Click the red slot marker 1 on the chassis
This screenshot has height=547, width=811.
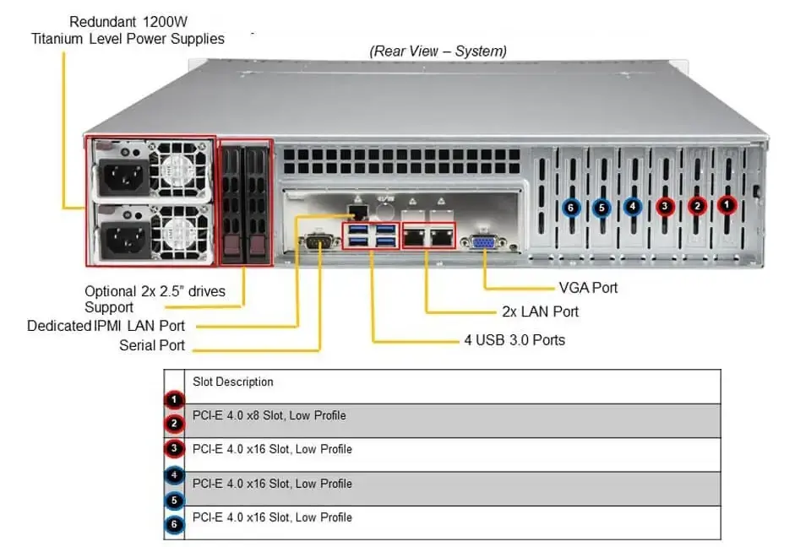727,204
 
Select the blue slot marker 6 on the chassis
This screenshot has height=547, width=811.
571,207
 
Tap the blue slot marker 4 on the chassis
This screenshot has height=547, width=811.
633,205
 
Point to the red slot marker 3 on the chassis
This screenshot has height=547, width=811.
665,205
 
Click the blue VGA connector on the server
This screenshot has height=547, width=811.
483,242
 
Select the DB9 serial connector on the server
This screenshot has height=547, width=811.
316,242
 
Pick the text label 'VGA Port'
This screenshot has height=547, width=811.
588,288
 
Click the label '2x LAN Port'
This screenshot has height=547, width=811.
540,311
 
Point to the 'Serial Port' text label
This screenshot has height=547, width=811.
152,345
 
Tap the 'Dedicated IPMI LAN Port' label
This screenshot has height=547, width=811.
106,325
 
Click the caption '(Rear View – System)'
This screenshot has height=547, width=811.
438,51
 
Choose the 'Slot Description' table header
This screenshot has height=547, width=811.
233,382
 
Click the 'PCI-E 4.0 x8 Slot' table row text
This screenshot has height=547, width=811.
269,415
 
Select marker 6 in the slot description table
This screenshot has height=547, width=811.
173,525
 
